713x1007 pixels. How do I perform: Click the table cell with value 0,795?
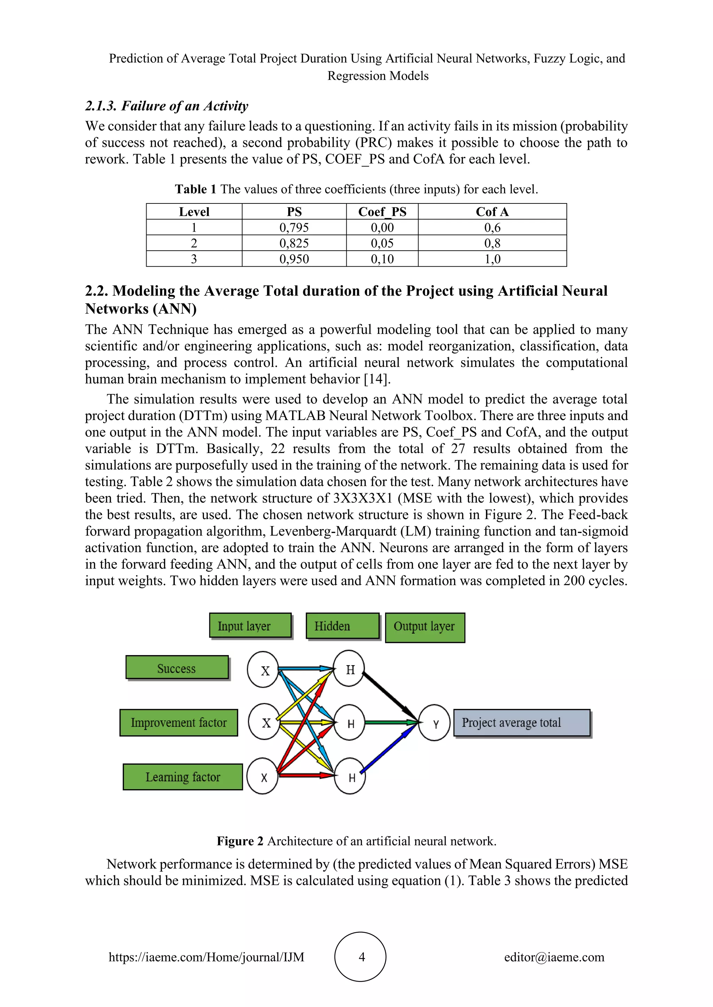click(294, 227)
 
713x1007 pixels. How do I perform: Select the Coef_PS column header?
click(382, 211)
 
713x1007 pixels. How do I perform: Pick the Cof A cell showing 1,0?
click(492, 259)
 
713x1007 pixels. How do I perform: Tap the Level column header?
click(194, 211)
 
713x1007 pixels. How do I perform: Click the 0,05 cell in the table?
click(382, 243)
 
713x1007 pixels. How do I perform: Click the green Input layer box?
click(250, 626)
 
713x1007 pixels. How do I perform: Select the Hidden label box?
click(343, 626)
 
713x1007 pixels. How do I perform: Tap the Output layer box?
click(424, 627)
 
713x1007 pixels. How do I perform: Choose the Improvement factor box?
click(179, 722)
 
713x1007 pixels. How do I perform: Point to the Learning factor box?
click(183, 777)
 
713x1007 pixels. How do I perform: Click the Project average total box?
click(522, 722)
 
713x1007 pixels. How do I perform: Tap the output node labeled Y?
click(434, 723)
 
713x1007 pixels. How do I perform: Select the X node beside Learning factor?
click(263, 777)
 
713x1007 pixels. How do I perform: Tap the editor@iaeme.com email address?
click(554, 957)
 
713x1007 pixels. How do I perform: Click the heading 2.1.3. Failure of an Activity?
click(167, 106)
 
